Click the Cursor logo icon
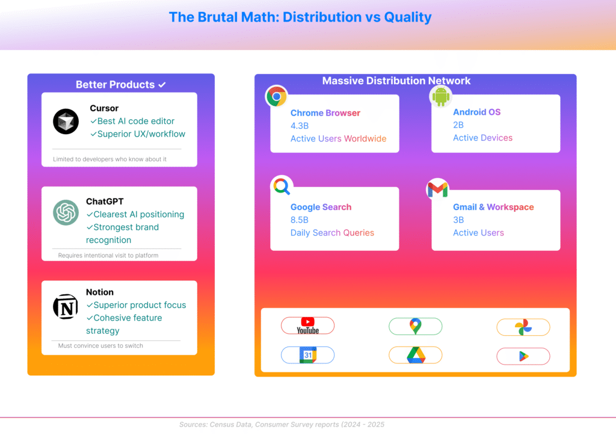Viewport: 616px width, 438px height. click(x=66, y=122)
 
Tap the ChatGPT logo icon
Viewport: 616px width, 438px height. click(x=66, y=212)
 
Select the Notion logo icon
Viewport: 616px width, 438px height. click(x=66, y=307)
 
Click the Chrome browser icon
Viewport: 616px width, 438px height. click(x=277, y=96)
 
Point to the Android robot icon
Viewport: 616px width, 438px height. click(x=440, y=96)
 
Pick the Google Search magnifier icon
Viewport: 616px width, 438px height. click(x=281, y=187)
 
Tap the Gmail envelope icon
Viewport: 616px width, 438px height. click(x=437, y=189)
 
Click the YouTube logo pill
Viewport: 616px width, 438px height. click(x=307, y=326)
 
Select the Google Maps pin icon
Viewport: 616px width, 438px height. click(x=415, y=327)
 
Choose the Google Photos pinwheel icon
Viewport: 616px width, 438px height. click(x=523, y=327)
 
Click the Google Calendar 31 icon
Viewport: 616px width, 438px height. click(x=307, y=356)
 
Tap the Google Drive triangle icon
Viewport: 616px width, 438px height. click(x=415, y=356)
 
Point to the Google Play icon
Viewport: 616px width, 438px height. click(x=523, y=356)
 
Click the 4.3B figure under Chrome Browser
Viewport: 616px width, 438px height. click(x=300, y=126)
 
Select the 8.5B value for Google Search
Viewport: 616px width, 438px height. click(x=300, y=220)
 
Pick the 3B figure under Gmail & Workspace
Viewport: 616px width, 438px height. click(x=458, y=220)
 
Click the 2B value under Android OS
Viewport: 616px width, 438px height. click(x=458, y=125)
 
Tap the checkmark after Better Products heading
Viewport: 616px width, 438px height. click(x=162, y=85)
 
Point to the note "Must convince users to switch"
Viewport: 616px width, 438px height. click(x=100, y=345)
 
